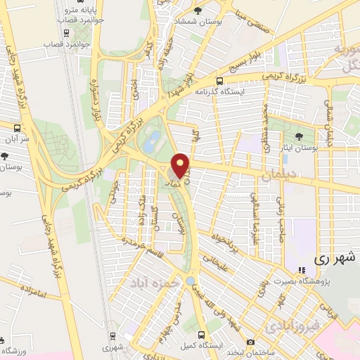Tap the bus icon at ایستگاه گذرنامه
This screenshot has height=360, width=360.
(x=220, y=81)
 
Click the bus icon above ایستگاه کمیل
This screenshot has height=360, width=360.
(x=202, y=335)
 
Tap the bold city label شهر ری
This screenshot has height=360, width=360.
(x=330, y=258)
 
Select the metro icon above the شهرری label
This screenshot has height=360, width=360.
(x=110, y=335)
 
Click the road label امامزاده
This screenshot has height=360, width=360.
(x=32, y=293)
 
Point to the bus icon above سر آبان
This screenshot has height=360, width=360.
(x=17, y=127)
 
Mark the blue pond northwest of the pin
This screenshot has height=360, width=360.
(x=150, y=143)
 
